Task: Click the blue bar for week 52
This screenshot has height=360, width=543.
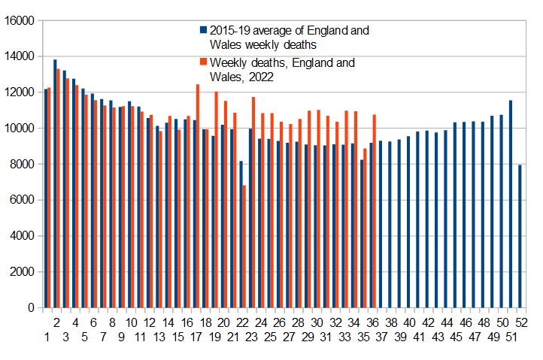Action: (520, 236)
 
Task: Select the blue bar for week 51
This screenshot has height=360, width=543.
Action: (511, 204)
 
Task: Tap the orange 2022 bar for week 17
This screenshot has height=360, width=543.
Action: (198, 195)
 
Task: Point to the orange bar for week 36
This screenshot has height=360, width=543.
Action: (374, 210)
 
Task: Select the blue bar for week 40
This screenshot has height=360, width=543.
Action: (408, 222)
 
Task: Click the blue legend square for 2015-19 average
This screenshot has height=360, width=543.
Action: (203, 31)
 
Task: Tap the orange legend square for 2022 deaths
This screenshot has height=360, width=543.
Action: (203, 62)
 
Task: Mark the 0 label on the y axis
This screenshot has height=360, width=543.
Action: (32, 307)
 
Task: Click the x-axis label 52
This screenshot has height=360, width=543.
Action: (520, 322)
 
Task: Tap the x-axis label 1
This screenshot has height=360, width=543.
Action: (46, 337)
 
